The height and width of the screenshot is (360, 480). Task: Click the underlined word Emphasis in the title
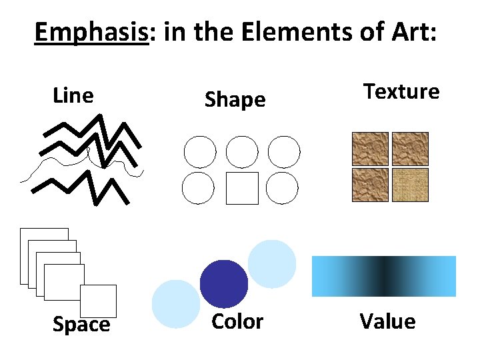point(90,31)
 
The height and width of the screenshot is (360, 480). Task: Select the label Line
point(73,96)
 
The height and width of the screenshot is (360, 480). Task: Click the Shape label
point(235,100)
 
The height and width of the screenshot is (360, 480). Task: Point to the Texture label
point(401,91)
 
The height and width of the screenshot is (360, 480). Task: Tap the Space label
point(81,325)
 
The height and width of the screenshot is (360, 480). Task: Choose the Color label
point(237,322)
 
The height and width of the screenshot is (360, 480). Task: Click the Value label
point(387,322)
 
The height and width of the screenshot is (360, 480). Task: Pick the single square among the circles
point(241,188)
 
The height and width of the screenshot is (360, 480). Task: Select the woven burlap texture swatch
point(410,185)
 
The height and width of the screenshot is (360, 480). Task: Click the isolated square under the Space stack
point(98,301)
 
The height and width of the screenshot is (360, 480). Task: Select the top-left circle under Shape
point(199,152)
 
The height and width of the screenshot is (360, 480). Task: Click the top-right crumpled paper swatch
point(410,149)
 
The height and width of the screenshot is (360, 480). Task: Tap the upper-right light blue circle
point(272,263)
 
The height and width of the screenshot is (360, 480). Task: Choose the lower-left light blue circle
point(176,304)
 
